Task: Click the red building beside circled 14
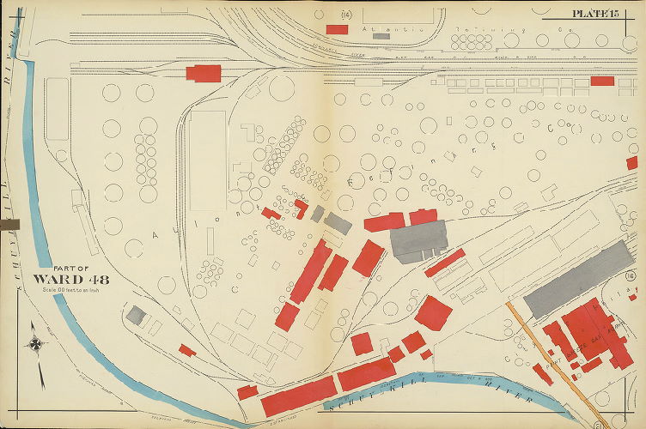[337, 29]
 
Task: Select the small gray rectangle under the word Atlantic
[381, 36]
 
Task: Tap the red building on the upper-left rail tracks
[204, 73]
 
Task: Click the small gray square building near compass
[135, 315]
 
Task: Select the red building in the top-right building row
[602, 81]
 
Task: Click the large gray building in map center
[419, 241]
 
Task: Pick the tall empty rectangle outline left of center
[207, 160]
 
